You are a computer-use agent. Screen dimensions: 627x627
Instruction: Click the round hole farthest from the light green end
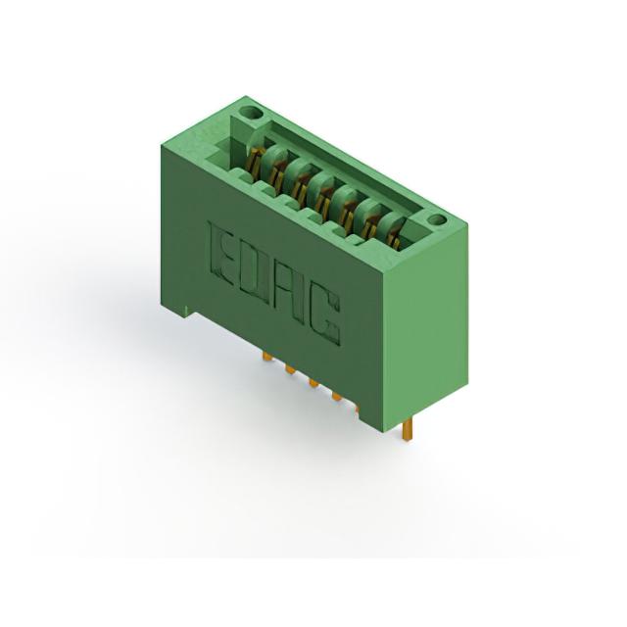pos(254,113)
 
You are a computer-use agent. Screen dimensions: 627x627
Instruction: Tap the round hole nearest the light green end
pos(436,219)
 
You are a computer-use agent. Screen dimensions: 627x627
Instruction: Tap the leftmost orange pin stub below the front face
pos(267,357)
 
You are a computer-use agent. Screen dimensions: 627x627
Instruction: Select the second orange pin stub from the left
pos(290,370)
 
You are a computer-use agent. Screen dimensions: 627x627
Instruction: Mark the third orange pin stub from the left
pos(313,384)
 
